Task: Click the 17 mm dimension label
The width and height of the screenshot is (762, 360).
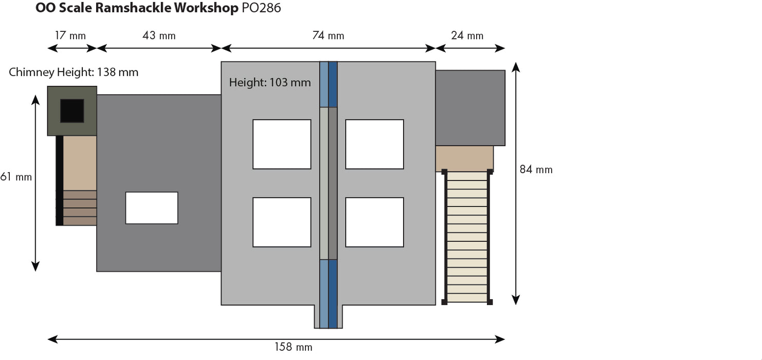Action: click(70, 35)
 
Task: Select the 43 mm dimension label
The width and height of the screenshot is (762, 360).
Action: click(159, 35)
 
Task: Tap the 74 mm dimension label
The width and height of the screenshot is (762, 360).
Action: click(328, 35)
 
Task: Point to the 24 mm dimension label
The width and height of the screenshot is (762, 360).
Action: click(467, 35)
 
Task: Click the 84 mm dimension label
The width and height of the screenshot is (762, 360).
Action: click(536, 169)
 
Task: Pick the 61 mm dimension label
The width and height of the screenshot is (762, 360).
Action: click(16, 176)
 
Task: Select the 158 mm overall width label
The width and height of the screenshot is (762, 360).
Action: click(293, 347)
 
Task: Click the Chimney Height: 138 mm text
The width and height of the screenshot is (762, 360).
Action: click(74, 72)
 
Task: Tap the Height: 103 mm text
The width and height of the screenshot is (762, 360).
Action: click(270, 82)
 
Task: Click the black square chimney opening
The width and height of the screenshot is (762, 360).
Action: click(72, 111)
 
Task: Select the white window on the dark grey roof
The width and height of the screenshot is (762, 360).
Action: click(152, 208)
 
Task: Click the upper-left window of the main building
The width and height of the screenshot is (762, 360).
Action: click(282, 144)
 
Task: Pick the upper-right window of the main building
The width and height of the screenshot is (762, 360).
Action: click(374, 144)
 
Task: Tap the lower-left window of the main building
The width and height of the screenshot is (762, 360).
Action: click(282, 222)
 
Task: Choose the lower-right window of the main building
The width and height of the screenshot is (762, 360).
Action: click(374, 222)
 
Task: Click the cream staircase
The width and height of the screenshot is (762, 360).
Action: click(467, 237)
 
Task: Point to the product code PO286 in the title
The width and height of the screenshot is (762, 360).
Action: click(261, 8)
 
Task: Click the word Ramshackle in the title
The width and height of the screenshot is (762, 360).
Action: click(133, 8)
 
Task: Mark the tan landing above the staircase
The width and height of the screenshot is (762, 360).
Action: click(464, 158)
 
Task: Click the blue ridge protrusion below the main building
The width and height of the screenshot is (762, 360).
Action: click(328, 316)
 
